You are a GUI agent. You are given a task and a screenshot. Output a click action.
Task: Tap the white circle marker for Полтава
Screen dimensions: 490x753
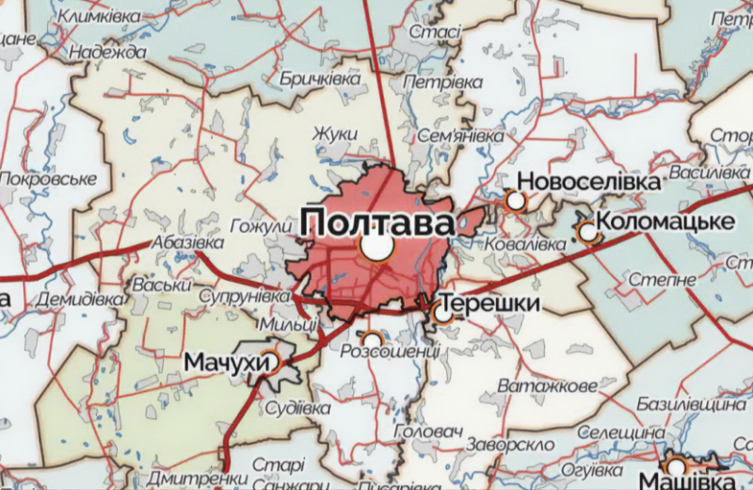coord(376,248)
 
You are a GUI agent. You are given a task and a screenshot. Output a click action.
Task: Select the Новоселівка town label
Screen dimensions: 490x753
coord(589,180)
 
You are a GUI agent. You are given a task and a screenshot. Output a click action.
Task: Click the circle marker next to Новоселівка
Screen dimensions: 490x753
coord(516,200)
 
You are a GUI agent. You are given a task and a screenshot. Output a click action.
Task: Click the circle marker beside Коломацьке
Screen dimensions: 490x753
coord(588,231)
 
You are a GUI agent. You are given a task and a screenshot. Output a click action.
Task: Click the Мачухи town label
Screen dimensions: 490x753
coord(220,361)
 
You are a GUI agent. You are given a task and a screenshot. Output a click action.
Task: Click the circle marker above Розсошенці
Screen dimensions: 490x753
coord(373,337)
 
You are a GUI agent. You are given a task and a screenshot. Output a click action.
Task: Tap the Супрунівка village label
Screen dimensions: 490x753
coord(246,297)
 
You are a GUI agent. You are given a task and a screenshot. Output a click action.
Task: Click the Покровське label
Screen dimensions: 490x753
coord(49,178)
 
